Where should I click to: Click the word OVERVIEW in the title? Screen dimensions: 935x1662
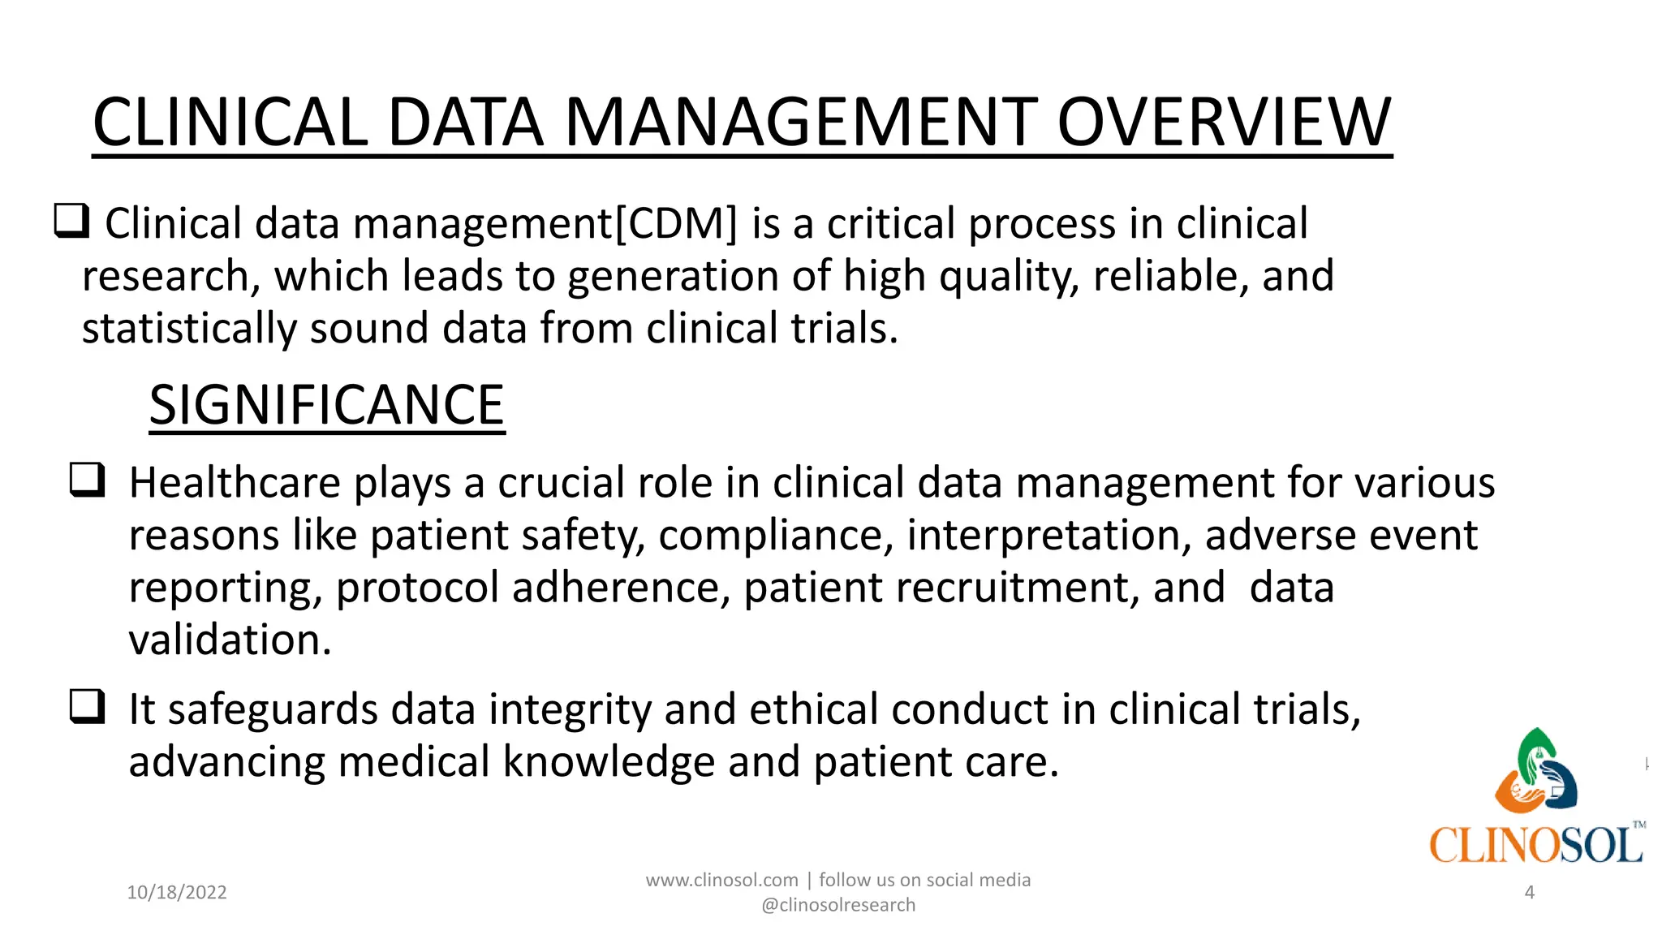coord(1224,123)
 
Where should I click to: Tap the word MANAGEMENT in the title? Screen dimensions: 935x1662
coord(800,123)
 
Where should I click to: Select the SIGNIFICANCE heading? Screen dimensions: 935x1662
coord(326,405)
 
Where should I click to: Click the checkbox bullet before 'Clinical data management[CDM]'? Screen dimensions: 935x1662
coord(71,221)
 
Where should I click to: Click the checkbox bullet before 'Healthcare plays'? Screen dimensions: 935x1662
coord(87,480)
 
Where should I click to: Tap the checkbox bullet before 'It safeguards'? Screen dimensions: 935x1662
coord(87,706)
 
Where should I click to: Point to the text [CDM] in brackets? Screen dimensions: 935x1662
coord(676,223)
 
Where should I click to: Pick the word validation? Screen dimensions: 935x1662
coord(230,640)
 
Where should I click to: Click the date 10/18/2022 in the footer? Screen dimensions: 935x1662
coord(177,893)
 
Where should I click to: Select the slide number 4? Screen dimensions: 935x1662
coord(1529,893)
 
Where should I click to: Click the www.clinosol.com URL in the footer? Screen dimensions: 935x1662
coord(721,880)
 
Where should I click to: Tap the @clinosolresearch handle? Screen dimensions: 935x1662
coord(837,905)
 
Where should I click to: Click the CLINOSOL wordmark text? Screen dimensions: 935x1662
coord(1535,846)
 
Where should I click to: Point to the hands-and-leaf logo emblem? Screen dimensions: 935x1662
coord(1535,771)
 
